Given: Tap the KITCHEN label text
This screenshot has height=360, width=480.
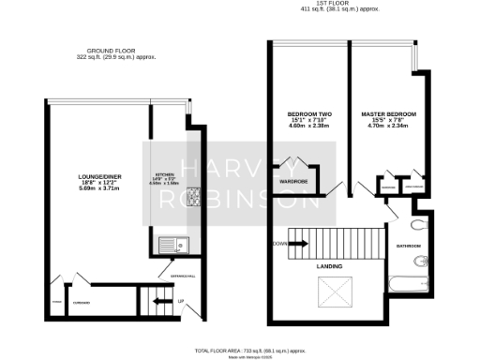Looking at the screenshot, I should [x=165, y=175].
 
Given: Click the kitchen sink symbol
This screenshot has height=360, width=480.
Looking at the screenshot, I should [x=173, y=246].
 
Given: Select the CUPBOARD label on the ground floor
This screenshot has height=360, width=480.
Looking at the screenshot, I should [x=82, y=302].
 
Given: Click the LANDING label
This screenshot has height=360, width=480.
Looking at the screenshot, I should [x=328, y=266].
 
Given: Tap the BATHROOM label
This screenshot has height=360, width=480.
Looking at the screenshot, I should [x=408, y=247].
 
